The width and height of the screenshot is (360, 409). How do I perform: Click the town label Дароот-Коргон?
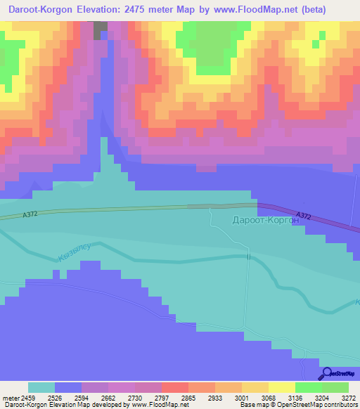(265, 220)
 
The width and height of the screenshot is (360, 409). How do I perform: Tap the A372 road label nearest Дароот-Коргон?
(304, 216)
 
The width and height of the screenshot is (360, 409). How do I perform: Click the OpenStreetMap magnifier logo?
(326, 374)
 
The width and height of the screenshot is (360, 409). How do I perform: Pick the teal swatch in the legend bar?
(41, 387)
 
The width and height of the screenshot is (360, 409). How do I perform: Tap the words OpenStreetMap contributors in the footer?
(315, 405)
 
